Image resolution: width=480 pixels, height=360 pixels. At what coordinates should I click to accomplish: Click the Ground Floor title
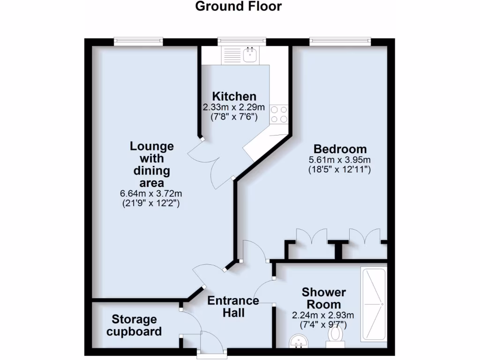[x=238, y=7]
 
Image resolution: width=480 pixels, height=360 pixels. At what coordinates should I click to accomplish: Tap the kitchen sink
[x=250, y=54]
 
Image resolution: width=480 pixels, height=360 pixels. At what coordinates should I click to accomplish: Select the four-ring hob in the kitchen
[x=279, y=114]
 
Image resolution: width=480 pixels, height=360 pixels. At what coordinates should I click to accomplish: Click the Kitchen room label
[x=230, y=97]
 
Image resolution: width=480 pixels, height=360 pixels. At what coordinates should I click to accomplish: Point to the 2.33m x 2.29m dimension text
[x=230, y=107]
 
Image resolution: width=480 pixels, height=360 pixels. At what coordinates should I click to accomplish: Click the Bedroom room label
[x=339, y=149]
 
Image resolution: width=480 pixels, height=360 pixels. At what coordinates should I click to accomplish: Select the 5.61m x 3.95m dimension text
[x=339, y=160]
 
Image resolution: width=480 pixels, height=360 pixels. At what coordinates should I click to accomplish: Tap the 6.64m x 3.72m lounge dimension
[x=151, y=194]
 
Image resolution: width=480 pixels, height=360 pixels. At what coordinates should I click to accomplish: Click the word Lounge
[x=151, y=146]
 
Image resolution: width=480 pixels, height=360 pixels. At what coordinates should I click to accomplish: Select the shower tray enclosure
[x=374, y=305]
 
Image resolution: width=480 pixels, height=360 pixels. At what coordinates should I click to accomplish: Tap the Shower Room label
[x=324, y=298]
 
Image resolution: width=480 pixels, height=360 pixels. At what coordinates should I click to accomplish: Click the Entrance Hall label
[x=233, y=306]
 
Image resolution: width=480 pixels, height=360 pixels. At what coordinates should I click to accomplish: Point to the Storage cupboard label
[x=134, y=325]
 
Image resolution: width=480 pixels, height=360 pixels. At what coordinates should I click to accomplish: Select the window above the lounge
[x=138, y=42]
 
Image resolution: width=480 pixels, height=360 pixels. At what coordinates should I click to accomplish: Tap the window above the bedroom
[x=340, y=42]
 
